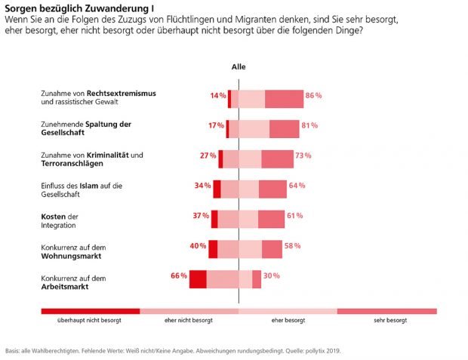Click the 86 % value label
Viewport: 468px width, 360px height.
[314, 96]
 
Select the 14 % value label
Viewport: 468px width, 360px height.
[218, 96]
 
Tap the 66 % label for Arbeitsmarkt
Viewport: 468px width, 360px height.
[179, 275]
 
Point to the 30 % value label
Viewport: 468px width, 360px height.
[272, 275]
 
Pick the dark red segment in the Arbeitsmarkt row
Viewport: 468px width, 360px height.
[198, 278]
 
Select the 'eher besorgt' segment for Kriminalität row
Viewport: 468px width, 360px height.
[250, 158]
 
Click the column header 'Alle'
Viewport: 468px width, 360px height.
[239, 66]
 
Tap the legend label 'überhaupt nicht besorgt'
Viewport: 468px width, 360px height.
[89, 321]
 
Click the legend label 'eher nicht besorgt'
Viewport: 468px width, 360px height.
[188, 321]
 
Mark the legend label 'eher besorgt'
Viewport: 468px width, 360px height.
[288, 321]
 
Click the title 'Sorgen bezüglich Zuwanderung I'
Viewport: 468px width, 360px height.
[69, 8]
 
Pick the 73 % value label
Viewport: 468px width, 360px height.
[303, 155]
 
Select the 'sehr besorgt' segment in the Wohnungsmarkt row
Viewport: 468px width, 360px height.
[272, 249]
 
